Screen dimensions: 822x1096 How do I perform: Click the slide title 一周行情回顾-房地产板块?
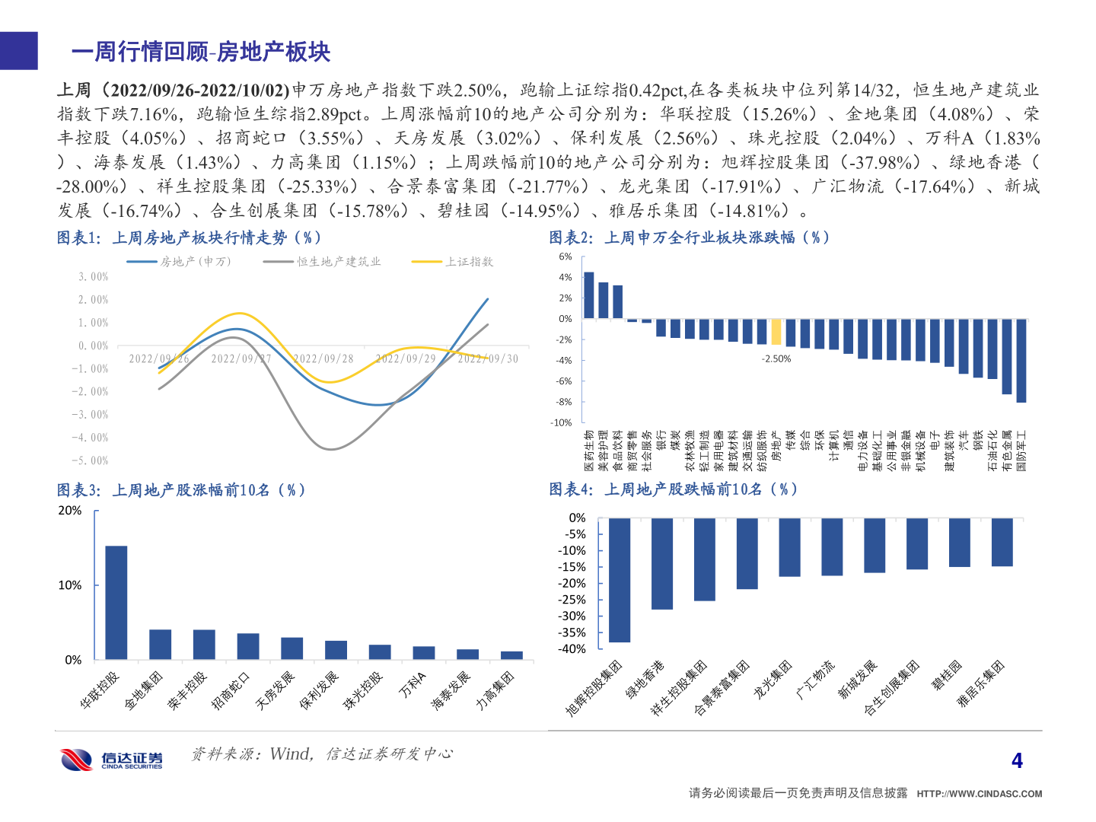pyautogui.click(x=201, y=52)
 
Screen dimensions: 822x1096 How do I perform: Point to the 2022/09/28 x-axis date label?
pyautogui.click(x=323, y=358)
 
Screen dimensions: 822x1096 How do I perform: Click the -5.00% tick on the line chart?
pyautogui.click(x=94, y=460)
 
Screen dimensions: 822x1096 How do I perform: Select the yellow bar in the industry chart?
pyautogui.click(x=776, y=332)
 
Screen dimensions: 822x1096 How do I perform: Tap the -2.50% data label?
pyautogui.click(x=776, y=358)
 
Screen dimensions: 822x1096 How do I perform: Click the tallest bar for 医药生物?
pyautogui.click(x=588, y=295)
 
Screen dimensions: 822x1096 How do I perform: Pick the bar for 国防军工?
pyautogui.click(x=1021, y=360)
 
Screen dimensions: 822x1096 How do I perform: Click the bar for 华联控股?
pyautogui.click(x=116, y=602)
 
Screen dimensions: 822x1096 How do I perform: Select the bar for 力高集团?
pyautogui.click(x=511, y=655)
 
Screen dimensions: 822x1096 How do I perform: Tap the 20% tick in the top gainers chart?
pyautogui.click(x=70, y=511)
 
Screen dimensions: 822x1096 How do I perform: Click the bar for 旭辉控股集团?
pyautogui.click(x=620, y=579)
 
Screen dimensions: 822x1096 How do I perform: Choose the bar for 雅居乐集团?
pyautogui.click(x=1002, y=542)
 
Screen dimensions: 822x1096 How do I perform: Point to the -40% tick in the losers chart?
pyautogui.click(x=572, y=649)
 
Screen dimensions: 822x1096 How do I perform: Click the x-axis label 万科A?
pyautogui.click(x=414, y=685)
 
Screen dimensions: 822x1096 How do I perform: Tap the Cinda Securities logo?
pyautogui.click(x=112, y=759)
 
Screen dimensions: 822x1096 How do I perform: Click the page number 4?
pyautogui.click(x=1017, y=760)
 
